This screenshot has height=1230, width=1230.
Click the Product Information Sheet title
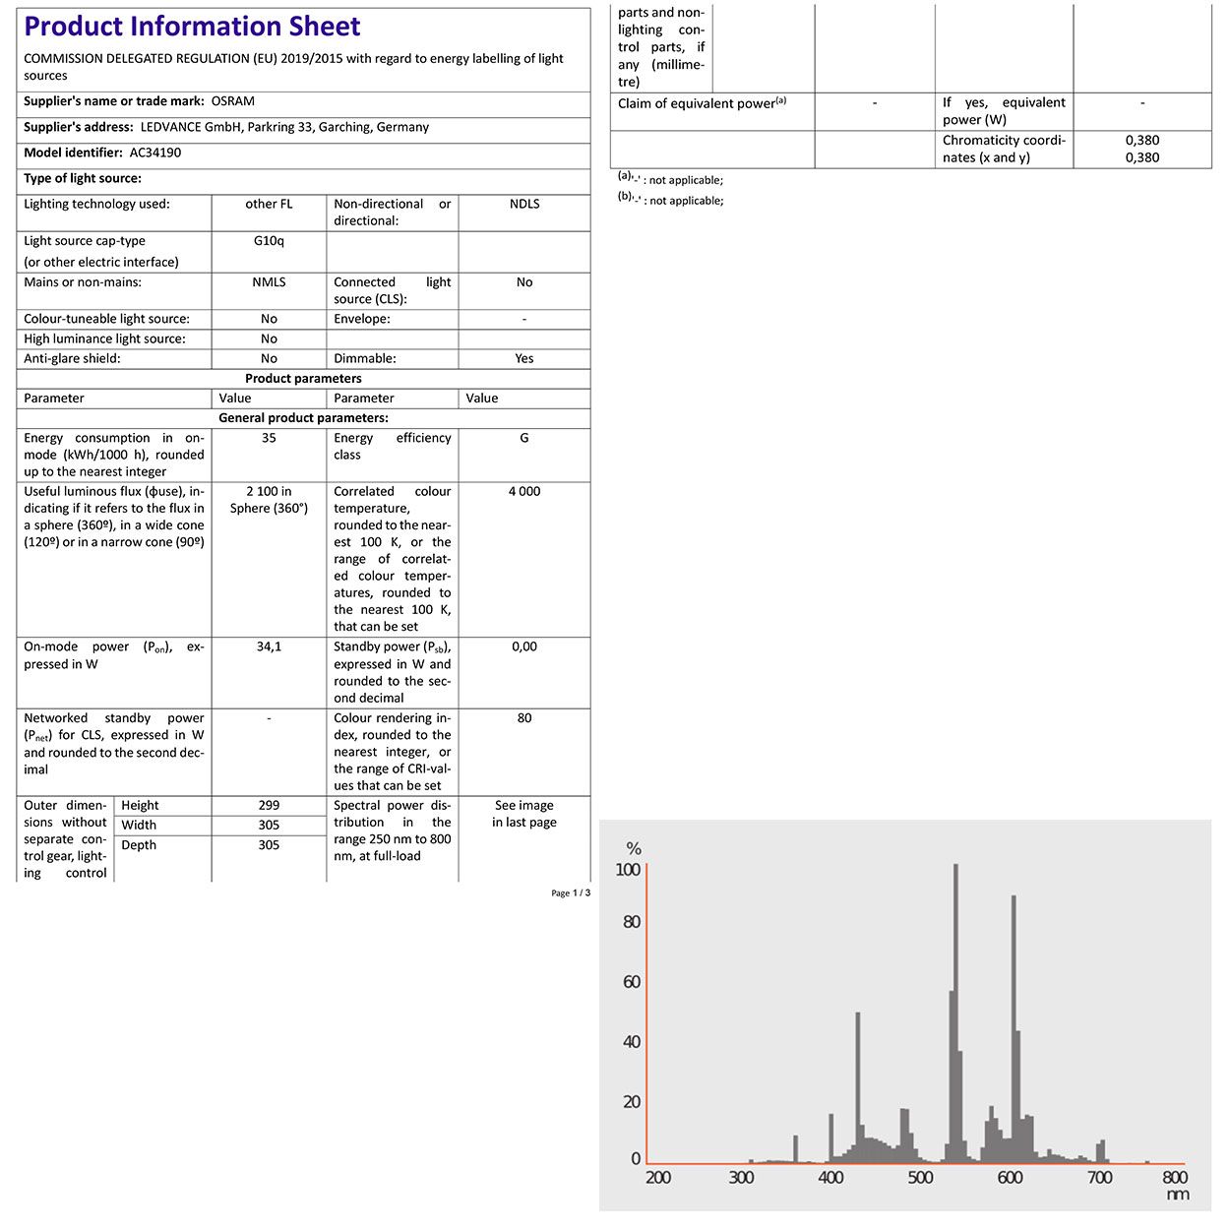[193, 27]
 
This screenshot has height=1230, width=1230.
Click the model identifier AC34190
[155, 153]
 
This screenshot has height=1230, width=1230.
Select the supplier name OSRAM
[233, 101]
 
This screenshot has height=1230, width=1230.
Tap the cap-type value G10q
[269, 241]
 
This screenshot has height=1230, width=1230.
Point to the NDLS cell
[524, 204]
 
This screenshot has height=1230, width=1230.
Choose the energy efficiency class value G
[524, 438]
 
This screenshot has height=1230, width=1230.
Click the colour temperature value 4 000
[524, 491]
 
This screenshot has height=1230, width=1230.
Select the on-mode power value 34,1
[269, 646]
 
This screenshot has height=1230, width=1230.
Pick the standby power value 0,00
[524, 646]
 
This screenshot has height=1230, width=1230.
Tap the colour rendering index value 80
[524, 718]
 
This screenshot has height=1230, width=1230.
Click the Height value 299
[269, 805]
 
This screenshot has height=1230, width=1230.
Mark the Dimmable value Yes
[524, 359]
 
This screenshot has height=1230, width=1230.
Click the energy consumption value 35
[269, 438]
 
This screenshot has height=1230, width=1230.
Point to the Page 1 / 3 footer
[571, 893]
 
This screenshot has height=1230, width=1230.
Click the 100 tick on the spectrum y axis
[628, 870]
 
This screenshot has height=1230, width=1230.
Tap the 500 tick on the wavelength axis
[920, 1178]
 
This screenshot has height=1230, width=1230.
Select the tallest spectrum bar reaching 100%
[955, 1014]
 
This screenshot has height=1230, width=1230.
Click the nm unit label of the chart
[1178, 1196]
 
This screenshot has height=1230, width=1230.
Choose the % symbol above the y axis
[634, 849]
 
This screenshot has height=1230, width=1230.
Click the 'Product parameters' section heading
[303, 379]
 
